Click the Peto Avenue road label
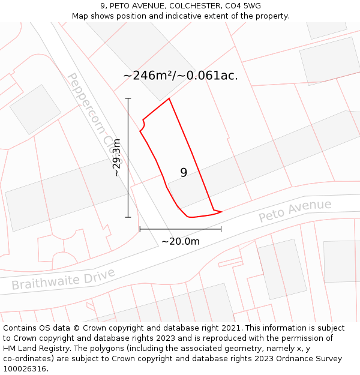click(295, 211)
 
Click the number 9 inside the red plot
click(184, 173)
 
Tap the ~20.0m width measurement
click(180, 241)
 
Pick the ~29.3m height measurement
click(117, 157)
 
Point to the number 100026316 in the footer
click(25, 369)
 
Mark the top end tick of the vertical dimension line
click(128, 98)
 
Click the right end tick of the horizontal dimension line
click(221, 229)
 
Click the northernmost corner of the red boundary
click(169, 98)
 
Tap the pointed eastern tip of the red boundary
click(222, 212)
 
